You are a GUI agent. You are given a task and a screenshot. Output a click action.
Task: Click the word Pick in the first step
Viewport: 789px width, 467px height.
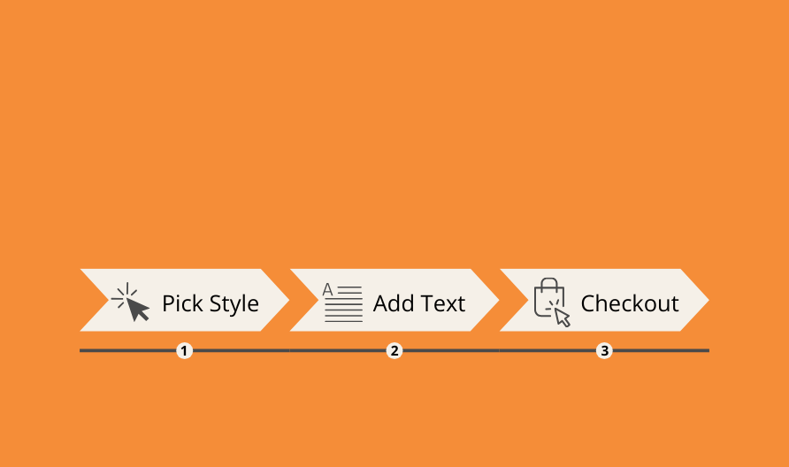point(183,303)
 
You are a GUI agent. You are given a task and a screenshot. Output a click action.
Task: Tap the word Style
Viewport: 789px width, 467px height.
point(234,304)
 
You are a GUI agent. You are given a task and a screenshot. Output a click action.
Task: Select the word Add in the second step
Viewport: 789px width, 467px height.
point(394,303)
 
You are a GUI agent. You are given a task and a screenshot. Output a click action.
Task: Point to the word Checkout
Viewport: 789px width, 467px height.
point(630,303)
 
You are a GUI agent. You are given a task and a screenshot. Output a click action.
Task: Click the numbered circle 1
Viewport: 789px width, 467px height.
point(184,350)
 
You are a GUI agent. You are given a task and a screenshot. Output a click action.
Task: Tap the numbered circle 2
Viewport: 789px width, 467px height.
point(394,350)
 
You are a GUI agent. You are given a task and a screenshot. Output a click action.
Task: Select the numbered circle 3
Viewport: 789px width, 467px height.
point(604,350)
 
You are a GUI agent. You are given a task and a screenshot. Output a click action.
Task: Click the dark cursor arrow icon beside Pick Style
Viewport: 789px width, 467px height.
point(136,308)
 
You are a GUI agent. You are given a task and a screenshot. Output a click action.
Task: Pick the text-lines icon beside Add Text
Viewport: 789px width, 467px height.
point(342,302)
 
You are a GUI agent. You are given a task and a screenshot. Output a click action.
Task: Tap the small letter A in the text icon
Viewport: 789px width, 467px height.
point(327,289)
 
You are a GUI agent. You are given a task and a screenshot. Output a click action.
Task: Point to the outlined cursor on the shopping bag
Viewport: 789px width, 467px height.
point(562,317)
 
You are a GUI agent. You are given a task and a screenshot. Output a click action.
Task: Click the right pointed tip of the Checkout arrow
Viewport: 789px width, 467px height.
point(709,300)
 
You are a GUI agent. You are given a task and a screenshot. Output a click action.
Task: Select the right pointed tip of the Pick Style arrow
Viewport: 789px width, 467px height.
point(289,300)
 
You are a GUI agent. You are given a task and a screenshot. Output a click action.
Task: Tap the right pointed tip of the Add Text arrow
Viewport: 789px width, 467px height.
point(499,300)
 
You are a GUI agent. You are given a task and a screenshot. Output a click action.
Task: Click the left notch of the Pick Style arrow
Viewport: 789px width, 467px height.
point(108,300)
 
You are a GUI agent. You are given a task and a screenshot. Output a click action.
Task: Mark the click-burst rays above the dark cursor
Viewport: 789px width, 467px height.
point(125,295)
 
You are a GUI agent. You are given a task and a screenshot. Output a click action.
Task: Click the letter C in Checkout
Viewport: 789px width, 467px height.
point(587,303)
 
